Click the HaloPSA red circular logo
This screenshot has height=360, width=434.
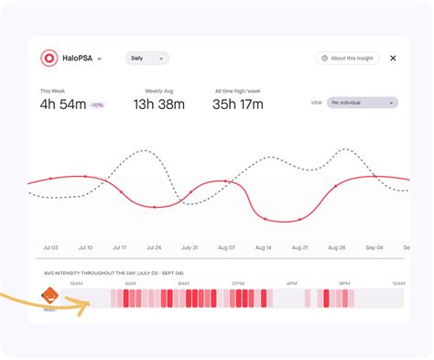(x=49, y=58)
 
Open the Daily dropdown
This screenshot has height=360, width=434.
(x=147, y=58)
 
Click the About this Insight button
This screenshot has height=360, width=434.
(x=347, y=58)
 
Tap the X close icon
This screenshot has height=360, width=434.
(x=393, y=58)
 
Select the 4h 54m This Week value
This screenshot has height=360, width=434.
(x=63, y=104)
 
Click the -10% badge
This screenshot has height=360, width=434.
(x=96, y=105)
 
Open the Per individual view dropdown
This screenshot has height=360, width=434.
(x=363, y=103)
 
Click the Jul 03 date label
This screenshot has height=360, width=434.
(x=50, y=247)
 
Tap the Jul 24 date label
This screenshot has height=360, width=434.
(x=154, y=247)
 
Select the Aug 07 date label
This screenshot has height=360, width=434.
(x=225, y=247)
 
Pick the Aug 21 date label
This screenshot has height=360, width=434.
(x=298, y=247)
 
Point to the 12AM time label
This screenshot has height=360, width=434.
(x=77, y=284)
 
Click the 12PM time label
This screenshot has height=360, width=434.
(x=237, y=284)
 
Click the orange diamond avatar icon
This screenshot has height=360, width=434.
(x=49, y=297)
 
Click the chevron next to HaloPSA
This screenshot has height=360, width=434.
(x=100, y=59)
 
